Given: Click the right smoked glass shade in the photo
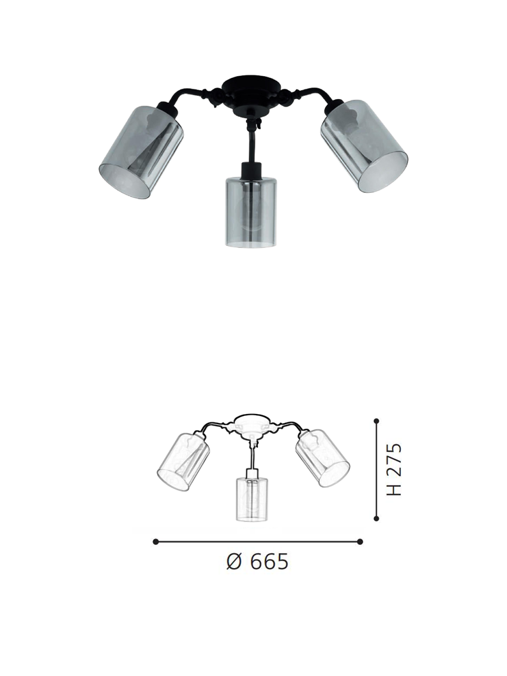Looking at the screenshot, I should (364, 145).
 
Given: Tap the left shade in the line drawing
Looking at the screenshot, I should (183, 461).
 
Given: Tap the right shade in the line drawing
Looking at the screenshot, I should (322, 458).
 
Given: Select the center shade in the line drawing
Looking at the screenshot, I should (252, 498).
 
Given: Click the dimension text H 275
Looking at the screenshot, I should (395, 469).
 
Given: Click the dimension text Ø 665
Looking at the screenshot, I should (257, 562).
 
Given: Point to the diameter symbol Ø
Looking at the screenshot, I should (234, 562).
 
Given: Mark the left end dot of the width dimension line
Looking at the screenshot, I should (156, 542).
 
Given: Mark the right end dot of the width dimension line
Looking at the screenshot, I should (360, 542).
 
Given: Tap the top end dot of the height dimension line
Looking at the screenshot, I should (377, 421).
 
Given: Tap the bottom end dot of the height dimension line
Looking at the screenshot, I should (377, 518).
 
